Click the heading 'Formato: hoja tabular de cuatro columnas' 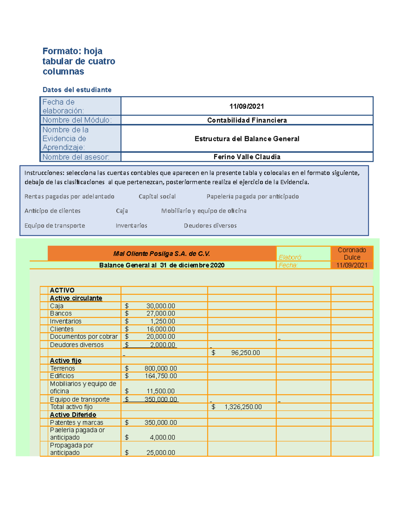78,61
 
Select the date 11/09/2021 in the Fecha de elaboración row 247,106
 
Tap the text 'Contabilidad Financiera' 247,120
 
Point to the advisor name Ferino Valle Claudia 247,157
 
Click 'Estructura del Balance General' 247,139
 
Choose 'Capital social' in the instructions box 157,197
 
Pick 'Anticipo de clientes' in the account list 53,211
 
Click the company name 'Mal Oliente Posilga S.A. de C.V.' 162,254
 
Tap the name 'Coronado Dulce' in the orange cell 352,254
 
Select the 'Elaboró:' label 290,257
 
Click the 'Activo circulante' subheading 76,298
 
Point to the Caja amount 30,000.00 161,306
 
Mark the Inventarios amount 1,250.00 163,322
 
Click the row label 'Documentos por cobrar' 84,337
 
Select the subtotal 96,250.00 245,353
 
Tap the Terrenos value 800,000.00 161,369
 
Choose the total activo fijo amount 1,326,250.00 243,407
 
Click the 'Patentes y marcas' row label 77,423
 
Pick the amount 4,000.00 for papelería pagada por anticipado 163,438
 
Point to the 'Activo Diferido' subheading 73,415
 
